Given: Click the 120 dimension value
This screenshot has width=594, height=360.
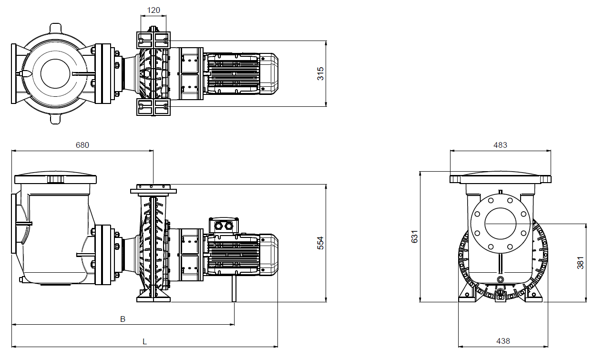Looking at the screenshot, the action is tap(154, 10).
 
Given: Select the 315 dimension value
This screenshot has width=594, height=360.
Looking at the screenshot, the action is tap(321, 74).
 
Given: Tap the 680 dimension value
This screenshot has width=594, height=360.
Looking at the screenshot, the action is tap(82, 145).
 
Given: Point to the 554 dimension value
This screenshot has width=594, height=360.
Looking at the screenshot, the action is tap(321, 243).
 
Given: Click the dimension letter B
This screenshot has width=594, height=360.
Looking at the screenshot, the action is tap(123, 319).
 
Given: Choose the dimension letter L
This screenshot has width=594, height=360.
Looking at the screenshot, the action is tap(144, 342).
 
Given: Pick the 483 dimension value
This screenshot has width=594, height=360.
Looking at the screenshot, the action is tap(500, 145).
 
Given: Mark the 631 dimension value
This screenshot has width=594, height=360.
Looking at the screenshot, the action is tap(414, 237).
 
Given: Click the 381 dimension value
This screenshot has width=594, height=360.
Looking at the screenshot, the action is tap(581, 263).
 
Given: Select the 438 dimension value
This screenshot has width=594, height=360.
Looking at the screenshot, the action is tap(503, 341).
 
